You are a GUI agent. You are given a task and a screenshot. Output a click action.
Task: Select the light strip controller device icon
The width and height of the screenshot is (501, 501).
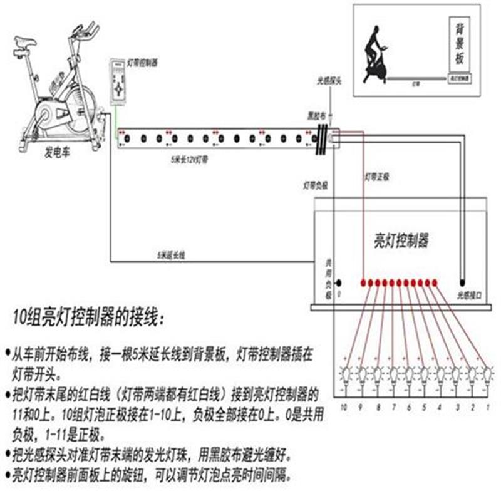(117, 81)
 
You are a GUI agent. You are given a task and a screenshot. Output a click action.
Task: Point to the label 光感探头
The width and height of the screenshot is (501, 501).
(328, 81)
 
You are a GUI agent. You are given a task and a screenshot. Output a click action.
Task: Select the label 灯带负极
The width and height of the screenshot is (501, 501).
(316, 187)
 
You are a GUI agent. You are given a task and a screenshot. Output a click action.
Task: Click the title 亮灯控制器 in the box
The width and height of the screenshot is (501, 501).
(401, 240)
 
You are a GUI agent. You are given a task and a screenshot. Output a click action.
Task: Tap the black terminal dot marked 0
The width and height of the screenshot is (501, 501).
(339, 283)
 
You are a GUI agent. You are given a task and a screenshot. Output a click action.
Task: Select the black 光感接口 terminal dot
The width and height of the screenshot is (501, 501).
(463, 282)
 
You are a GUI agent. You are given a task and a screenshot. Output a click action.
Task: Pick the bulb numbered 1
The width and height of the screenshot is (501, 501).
(487, 375)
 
